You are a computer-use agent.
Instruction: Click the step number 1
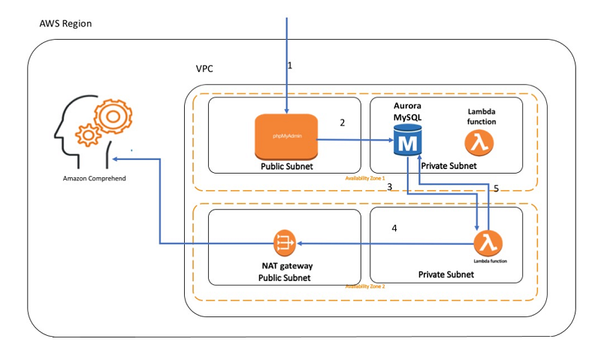coord(290,66)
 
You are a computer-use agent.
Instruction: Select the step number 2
coord(342,123)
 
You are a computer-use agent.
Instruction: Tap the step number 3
coord(390,186)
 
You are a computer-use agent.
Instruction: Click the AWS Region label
coord(65,26)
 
